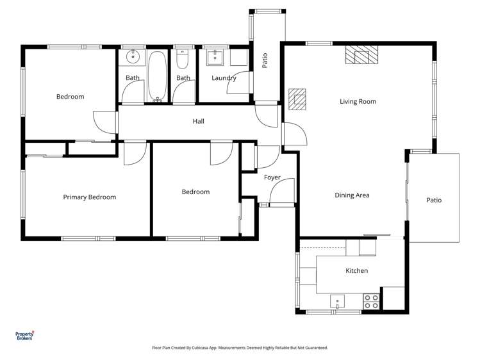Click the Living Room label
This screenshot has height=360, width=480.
[x=358, y=101]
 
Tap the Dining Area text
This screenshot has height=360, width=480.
[x=352, y=195]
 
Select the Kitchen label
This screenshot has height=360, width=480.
[x=356, y=271]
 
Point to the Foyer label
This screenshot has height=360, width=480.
[x=272, y=177]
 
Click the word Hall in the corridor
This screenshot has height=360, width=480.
[x=198, y=121]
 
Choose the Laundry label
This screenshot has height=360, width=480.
[x=224, y=78]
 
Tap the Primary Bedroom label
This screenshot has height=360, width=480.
[x=89, y=197]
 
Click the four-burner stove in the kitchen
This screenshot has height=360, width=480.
[x=371, y=301]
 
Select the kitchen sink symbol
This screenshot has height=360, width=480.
[x=337, y=300]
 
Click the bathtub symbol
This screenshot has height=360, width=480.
[x=157, y=77]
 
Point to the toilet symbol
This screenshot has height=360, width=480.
[x=183, y=60]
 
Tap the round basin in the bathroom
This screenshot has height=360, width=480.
[x=133, y=57]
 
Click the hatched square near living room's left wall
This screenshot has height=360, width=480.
[x=297, y=99]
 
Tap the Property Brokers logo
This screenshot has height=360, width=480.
[x=24, y=336]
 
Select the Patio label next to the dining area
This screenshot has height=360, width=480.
[x=434, y=200]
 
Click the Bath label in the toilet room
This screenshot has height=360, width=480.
[x=183, y=78]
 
